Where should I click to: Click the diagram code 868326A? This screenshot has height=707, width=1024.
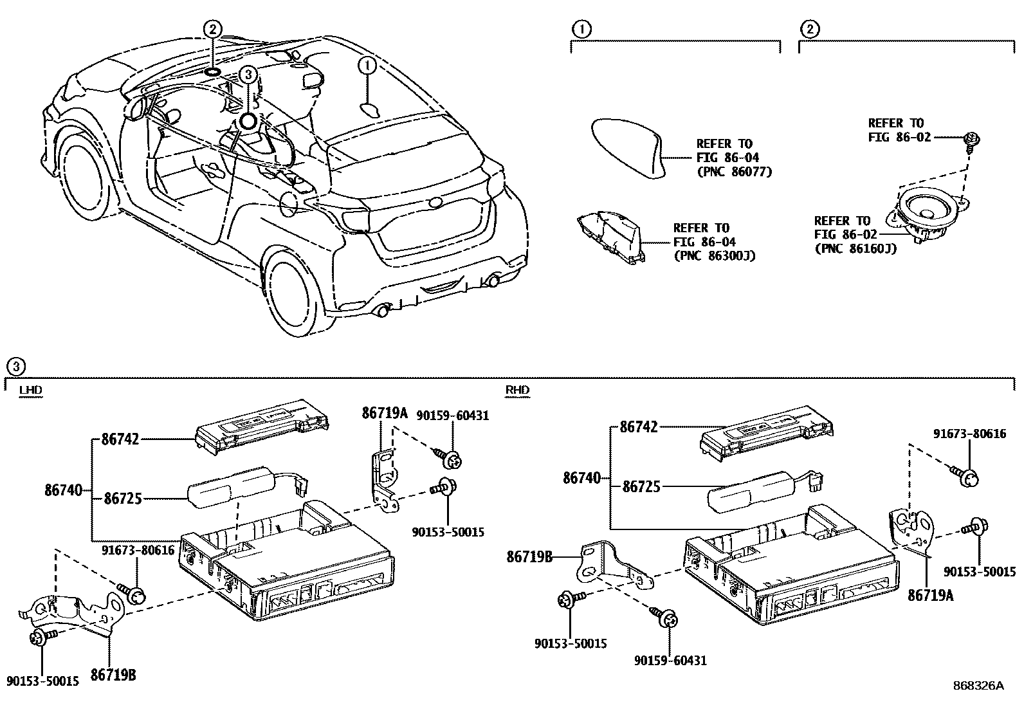(978, 686)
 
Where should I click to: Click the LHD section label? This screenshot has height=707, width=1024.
(31, 390)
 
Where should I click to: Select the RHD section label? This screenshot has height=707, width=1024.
(517, 390)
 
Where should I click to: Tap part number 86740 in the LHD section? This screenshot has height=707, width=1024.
(64, 490)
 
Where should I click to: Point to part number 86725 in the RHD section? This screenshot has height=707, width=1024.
(641, 487)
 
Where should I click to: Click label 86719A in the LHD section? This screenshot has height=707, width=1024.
(385, 414)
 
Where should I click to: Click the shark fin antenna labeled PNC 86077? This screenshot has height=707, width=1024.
(628, 146)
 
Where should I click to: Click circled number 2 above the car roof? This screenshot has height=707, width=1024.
(213, 28)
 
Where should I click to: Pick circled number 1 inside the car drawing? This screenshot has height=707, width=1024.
(367, 66)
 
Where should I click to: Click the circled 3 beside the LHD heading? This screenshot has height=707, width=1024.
(15, 367)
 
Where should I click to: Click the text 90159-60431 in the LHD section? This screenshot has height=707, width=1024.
(453, 416)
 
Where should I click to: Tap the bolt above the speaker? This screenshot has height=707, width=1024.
(971, 139)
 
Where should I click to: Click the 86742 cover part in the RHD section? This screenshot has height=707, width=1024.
(765, 437)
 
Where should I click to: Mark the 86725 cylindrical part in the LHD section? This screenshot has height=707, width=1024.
(228, 487)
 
